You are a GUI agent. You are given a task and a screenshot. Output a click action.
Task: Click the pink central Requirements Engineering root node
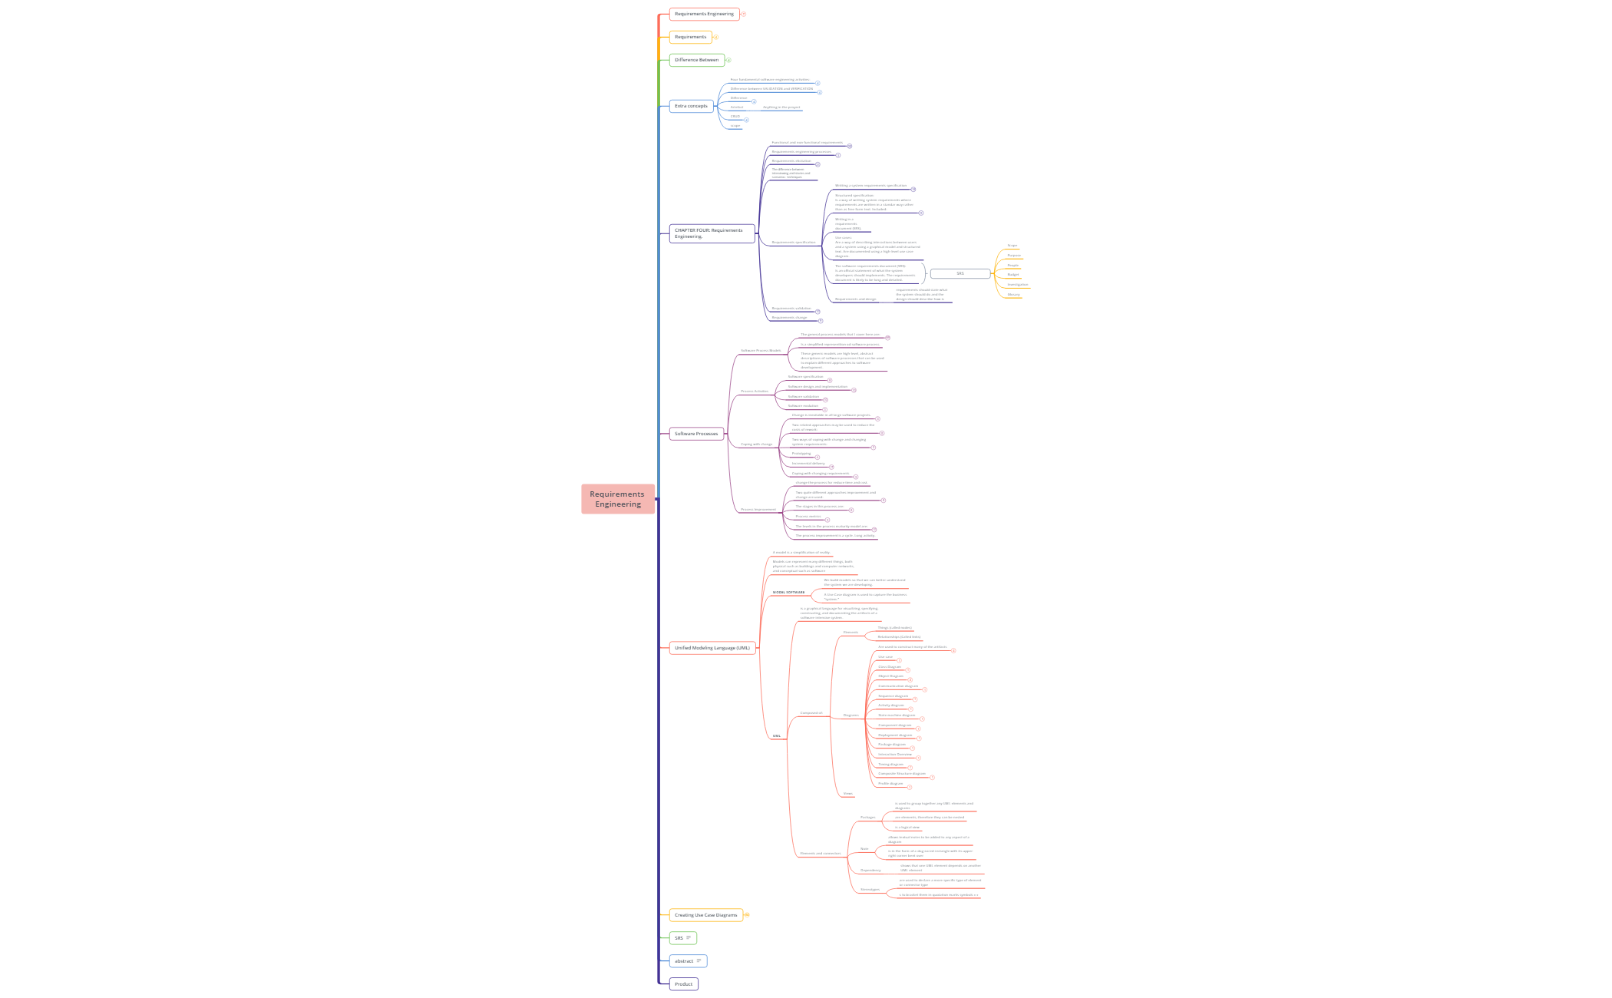coord(617,499)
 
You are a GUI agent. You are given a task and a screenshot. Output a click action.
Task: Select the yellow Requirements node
coord(690,37)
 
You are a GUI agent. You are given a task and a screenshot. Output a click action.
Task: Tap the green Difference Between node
coord(696,60)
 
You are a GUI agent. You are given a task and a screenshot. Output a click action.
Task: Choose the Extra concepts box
coord(691,106)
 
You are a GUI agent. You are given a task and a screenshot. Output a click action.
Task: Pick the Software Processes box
coord(696,434)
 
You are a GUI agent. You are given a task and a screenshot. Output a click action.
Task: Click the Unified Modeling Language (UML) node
coord(712,648)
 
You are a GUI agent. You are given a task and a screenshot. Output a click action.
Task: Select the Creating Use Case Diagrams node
coord(705,915)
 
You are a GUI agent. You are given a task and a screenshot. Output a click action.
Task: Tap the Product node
coord(683,984)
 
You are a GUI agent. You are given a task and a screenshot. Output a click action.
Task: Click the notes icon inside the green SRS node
coord(689,938)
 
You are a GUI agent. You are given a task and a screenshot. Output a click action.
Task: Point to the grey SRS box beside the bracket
coord(960,273)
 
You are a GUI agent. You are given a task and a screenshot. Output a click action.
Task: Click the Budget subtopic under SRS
coord(1013,275)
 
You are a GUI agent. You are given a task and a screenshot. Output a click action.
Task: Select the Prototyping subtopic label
coord(801,454)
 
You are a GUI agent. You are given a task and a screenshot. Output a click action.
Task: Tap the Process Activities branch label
coord(755,392)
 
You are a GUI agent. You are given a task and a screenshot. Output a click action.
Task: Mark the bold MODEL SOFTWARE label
coord(789,593)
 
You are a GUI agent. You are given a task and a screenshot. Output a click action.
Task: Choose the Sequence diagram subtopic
coord(893,696)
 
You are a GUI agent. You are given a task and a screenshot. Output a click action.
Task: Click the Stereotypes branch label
coord(870,890)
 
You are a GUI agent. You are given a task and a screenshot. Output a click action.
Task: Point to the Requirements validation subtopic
coord(791,309)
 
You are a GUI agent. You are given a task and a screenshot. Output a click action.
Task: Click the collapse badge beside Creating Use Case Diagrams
coord(746,915)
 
